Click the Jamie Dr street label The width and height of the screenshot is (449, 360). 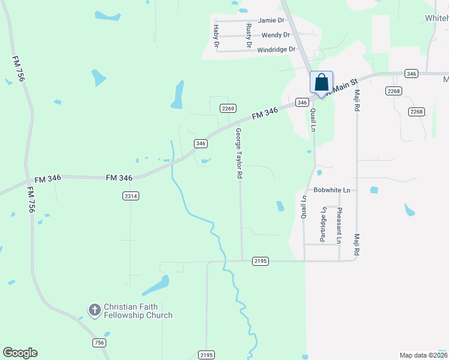tap(271, 20)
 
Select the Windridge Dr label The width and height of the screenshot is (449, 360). tap(276, 49)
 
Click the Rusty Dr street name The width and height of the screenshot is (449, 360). tap(249, 35)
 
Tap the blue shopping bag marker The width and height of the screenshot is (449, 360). tap(321, 82)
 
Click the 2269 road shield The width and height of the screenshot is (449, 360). tap(228, 108)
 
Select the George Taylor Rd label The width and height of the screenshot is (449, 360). tap(238, 153)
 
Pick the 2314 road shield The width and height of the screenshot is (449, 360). tap(130, 196)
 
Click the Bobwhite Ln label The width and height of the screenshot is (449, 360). tap(331, 190)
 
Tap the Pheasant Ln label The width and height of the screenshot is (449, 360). tap(339, 224)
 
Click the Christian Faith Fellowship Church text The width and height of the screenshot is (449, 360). tap(138, 311)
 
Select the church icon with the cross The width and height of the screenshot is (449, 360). tap(94, 310)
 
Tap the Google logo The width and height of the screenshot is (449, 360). tap(20, 353)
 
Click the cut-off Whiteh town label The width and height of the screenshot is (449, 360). tap(436, 19)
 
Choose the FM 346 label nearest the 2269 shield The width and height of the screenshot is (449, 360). tap(265, 112)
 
